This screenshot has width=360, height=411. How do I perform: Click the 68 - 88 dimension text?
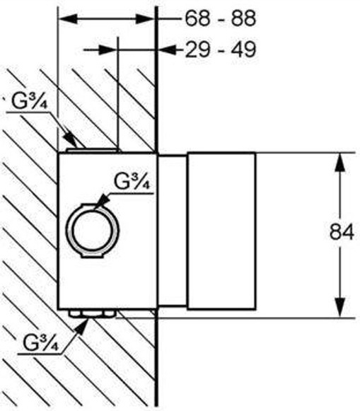pyautogui.click(x=221, y=18)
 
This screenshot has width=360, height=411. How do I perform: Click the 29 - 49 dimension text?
pyautogui.click(x=221, y=50)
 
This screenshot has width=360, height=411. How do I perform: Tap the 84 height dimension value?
pyautogui.click(x=342, y=231)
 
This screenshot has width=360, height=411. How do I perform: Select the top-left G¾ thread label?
pyautogui.click(x=29, y=102)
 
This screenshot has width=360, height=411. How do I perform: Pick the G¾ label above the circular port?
pyautogui.click(x=132, y=182)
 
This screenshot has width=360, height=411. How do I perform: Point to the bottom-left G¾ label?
pyautogui.click(x=40, y=343)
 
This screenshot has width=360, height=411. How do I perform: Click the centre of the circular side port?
pyautogui.click(x=92, y=231)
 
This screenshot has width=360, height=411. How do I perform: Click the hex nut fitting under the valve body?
pyautogui.click(x=91, y=313)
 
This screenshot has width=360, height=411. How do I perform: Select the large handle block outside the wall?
pyautogui.click(x=221, y=231)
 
